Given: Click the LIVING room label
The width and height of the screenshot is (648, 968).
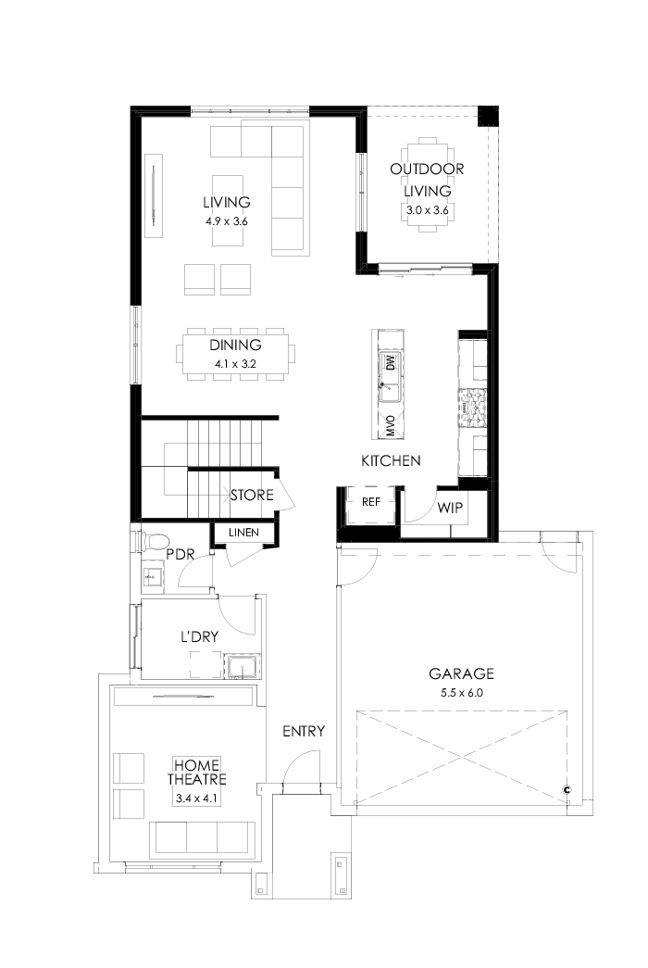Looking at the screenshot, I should [x=227, y=202].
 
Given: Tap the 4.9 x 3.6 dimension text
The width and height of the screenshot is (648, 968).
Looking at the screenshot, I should [x=227, y=221].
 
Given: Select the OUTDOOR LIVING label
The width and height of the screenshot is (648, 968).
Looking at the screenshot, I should [x=427, y=180].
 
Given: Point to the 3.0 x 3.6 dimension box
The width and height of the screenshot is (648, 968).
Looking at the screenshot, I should [x=427, y=210].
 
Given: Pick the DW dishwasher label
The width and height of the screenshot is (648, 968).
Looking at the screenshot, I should [x=390, y=362].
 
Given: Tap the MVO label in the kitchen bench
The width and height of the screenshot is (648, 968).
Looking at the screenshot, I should [x=390, y=426].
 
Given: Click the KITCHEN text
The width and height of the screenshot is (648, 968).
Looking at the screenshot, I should [x=391, y=460].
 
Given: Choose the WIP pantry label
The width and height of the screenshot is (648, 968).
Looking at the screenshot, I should [x=450, y=508].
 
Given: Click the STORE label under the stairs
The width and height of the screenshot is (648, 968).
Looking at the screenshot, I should [x=252, y=496].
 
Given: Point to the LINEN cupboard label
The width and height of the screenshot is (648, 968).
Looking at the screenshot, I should [x=243, y=533].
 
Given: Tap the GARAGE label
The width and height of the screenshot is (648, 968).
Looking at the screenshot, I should [x=461, y=673].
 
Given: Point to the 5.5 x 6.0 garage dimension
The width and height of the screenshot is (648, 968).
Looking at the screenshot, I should [x=461, y=692].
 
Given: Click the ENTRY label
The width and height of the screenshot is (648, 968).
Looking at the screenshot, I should [x=304, y=732].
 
